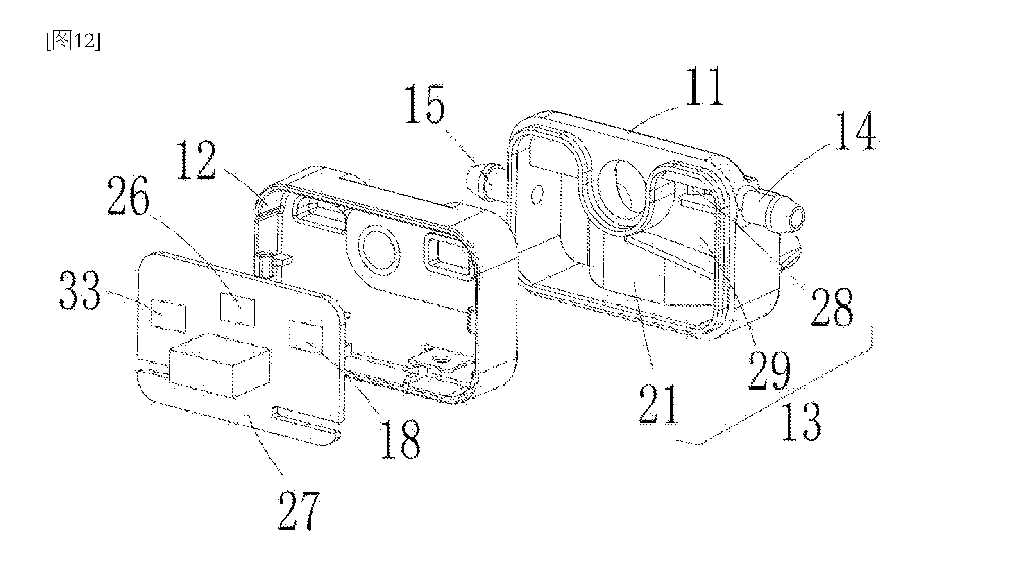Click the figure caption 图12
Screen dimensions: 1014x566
[x=73, y=42]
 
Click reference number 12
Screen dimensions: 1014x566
[x=196, y=160]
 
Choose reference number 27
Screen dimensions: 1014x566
[x=298, y=510]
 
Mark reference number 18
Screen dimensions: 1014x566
[x=400, y=439]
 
